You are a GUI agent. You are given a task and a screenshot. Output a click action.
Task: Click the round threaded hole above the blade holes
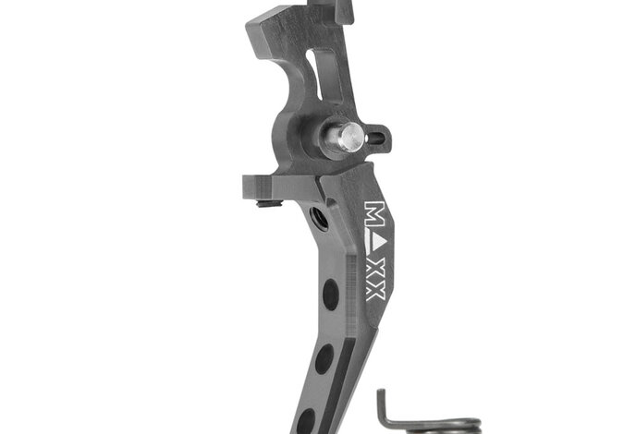tap(320, 218)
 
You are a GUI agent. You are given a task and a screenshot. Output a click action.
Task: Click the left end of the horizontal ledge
tap(250, 183)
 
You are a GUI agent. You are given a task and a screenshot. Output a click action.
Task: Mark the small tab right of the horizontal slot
tap(385, 139)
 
